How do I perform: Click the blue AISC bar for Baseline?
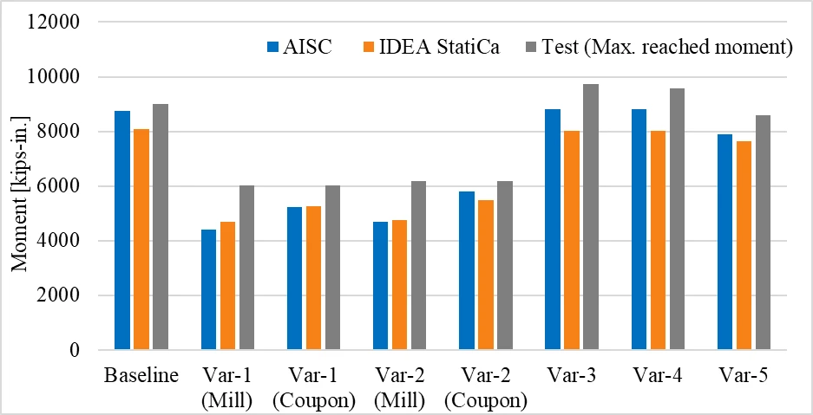122,230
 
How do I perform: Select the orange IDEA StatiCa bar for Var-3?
572,241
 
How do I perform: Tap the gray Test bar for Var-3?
591,217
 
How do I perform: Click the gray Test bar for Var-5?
763,233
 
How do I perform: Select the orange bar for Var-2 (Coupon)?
486,276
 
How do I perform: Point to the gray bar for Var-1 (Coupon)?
332,268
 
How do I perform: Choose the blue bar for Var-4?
639,230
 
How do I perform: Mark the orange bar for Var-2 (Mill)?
399,285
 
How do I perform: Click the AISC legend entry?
299,47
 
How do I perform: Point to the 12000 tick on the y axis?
58,23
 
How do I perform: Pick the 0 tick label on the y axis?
75,350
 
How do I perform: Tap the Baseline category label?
141,376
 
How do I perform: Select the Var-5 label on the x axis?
744,376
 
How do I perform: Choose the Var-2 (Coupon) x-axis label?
485,387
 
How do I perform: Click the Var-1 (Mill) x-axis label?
227,387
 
